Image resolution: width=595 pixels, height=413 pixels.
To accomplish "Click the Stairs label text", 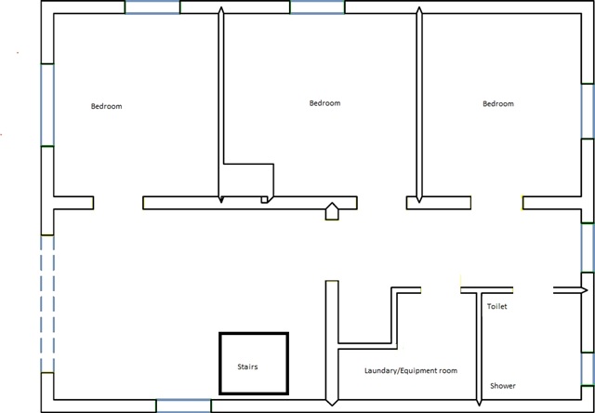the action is coord(247,366).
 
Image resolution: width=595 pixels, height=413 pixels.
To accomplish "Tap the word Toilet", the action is coord(497,306).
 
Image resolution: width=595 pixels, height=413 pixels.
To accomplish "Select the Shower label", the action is coord(503,386).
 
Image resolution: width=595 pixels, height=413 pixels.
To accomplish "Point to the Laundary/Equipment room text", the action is coord(411,370).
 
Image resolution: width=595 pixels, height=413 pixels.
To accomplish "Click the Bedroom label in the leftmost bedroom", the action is coord(107,106).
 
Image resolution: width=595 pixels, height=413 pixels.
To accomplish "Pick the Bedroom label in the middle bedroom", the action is coord(324,103).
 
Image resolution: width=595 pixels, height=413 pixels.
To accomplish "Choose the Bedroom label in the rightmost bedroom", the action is coord(498,103).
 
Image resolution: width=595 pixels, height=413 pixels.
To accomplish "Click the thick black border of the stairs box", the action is coord(220,364).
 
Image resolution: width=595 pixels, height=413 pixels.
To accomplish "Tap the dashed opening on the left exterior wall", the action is coord(47,303).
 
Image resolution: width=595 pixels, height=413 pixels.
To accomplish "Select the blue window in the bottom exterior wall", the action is coord(184,406).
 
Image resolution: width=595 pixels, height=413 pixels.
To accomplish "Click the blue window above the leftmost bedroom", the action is coord(152,7).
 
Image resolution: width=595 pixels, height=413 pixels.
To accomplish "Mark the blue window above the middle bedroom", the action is coord(317,7).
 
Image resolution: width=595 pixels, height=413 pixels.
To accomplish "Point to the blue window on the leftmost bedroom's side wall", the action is coord(47,105).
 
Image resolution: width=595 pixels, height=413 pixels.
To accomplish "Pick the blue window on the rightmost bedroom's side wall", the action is coord(588,112).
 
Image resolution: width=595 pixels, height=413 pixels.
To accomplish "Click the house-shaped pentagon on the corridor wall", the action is coord(332,211).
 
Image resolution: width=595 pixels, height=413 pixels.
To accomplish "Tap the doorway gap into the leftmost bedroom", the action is coord(118,203).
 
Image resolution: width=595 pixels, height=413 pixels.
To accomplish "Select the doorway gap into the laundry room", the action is coord(441,290).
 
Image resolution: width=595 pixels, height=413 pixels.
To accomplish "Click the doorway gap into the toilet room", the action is coord(533,290).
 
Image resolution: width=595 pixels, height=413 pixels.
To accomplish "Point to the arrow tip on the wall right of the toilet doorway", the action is coord(588,290).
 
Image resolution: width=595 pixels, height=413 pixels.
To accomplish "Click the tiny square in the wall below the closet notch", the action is coord(264,200).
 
